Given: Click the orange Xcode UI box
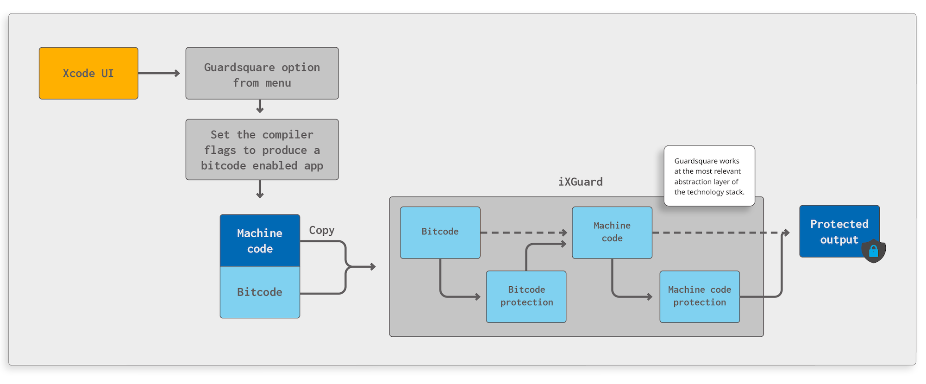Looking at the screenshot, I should (88, 73).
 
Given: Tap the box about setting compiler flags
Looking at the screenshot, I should (262, 150).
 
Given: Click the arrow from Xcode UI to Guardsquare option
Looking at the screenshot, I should (159, 73).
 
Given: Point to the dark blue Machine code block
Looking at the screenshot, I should (260, 240).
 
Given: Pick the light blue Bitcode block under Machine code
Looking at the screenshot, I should (260, 292).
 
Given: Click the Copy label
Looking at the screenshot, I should (322, 230).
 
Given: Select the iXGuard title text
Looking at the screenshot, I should (580, 182).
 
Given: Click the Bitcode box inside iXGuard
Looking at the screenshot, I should (440, 232).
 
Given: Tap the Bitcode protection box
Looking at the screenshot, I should (526, 296).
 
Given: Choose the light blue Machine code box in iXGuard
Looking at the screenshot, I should (612, 232).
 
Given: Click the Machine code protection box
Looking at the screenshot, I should (699, 296).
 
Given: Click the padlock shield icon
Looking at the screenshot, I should (874, 251).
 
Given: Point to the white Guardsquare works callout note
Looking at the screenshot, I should (709, 176).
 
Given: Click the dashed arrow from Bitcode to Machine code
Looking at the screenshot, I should (523, 233).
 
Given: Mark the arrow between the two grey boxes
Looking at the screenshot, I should (260, 107).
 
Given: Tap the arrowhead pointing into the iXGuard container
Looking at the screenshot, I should (373, 267).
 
